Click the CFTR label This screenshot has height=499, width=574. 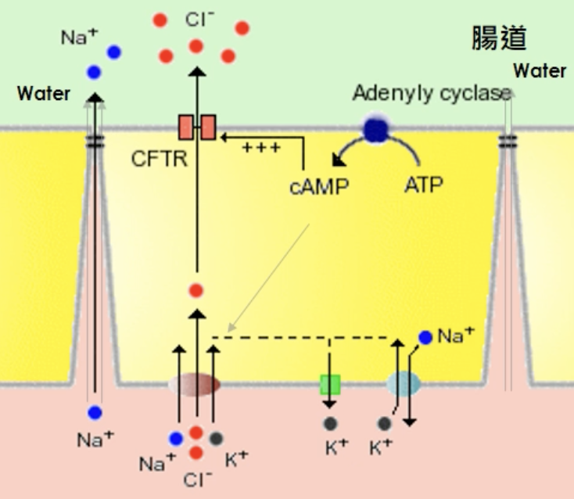tap(160, 160)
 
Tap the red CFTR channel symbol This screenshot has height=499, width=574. tap(196, 127)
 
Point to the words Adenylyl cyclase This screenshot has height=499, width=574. tap(431, 93)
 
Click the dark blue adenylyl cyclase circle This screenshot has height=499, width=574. tap(376, 128)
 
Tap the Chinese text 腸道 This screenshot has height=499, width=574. tap(499, 37)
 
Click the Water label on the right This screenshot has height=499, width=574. tap(540, 71)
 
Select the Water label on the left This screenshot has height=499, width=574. tap(44, 94)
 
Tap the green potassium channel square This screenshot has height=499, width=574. tap(330, 385)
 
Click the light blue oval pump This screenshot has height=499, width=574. tap(404, 384)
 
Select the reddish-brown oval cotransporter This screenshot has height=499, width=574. tap(195, 385)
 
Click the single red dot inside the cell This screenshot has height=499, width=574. tap(196, 291)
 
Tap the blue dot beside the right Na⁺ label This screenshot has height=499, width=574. tap(425, 337)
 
